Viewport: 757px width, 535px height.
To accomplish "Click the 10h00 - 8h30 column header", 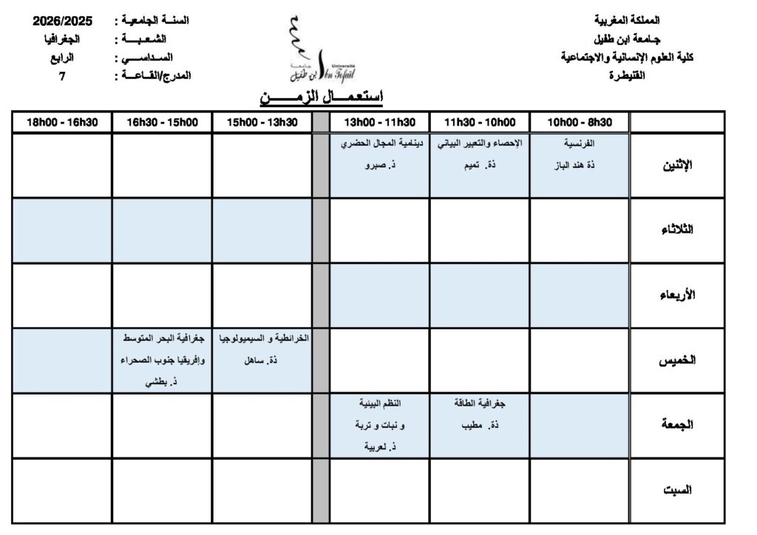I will (579, 123).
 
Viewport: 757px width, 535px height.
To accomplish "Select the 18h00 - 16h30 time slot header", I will (63, 123).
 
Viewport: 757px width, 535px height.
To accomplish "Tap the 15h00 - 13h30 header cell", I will (262, 123).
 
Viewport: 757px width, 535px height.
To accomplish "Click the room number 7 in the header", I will (63, 75).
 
